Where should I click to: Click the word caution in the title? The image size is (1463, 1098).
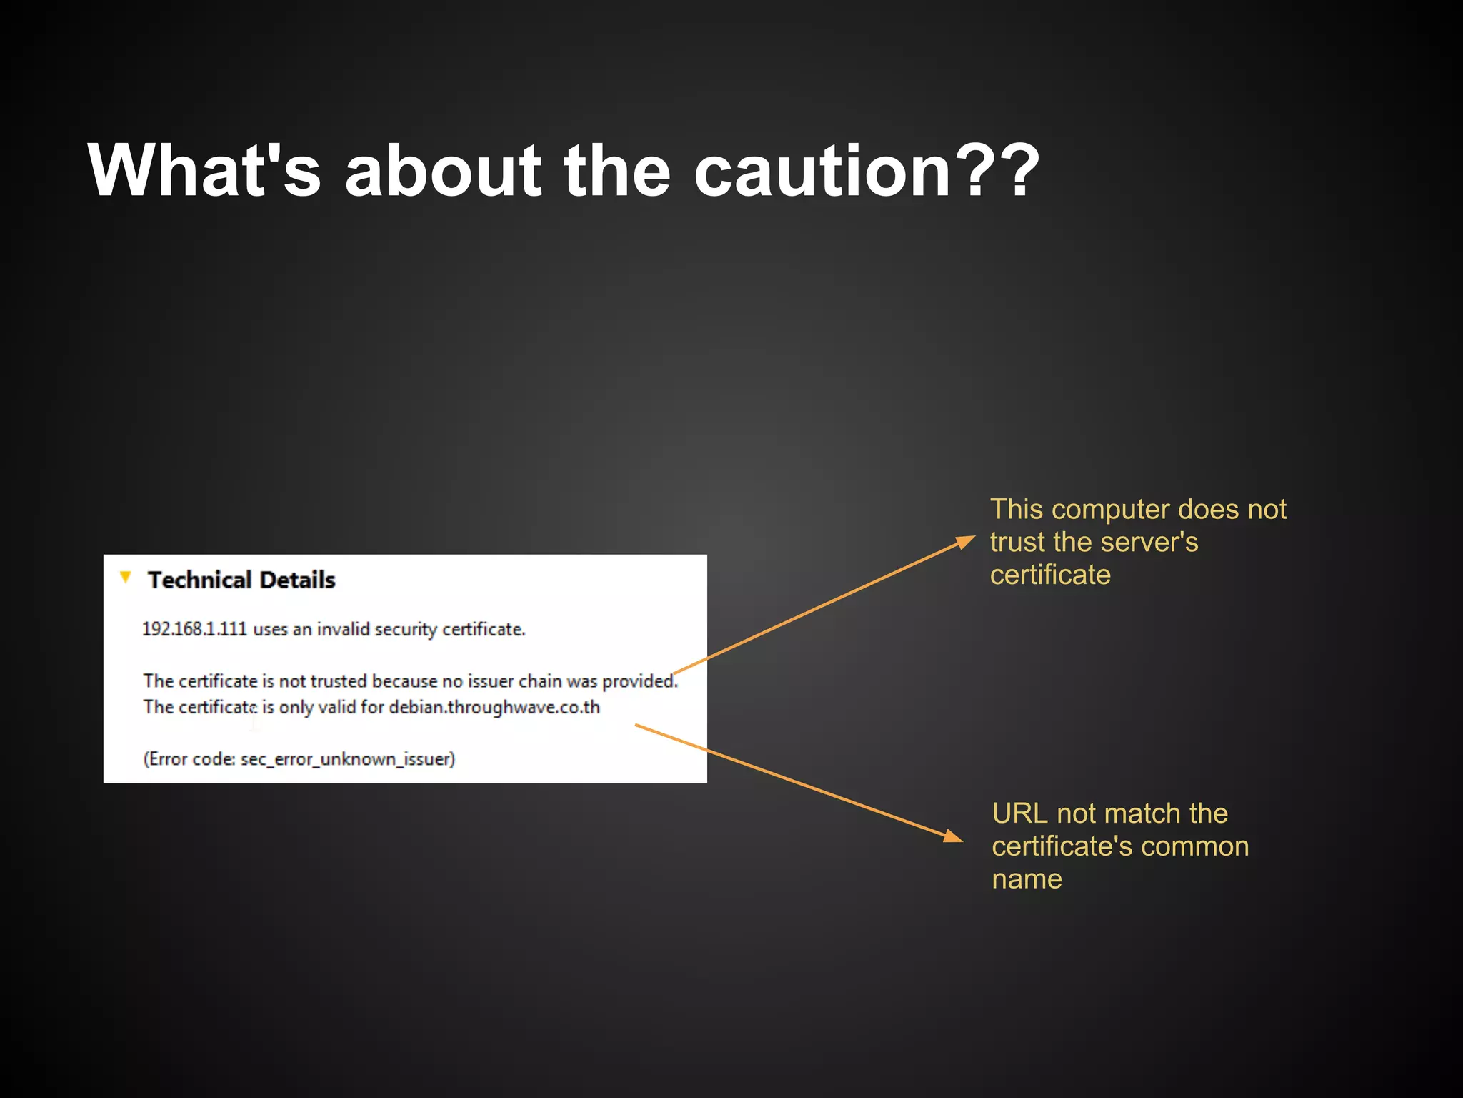[x=822, y=172]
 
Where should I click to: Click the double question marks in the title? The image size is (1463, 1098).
[x=1001, y=172]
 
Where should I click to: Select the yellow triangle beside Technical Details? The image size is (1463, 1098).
[x=126, y=577]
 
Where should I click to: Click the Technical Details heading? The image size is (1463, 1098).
[x=241, y=580]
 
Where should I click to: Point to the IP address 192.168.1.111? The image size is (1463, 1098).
[x=194, y=629]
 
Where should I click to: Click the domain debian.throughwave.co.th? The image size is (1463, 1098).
[x=494, y=707]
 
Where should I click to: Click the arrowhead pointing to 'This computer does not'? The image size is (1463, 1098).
[x=966, y=540]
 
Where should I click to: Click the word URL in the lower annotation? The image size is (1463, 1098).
[x=1020, y=814]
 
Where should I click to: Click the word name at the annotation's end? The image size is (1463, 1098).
[x=1027, y=879]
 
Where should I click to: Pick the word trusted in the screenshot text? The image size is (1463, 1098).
[x=338, y=681]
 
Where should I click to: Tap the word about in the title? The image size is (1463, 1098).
[x=443, y=172]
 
